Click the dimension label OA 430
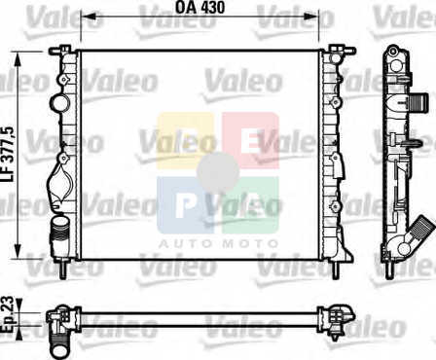coord(200,7)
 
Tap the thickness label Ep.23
coord(8,314)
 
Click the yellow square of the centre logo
coord(185,140)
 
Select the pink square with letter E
coord(250,140)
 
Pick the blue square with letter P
coord(185,205)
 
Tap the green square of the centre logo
coord(250,205)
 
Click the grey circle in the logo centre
coord(218,172)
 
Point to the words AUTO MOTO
coord(218,243)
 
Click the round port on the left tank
coord(59,103)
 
